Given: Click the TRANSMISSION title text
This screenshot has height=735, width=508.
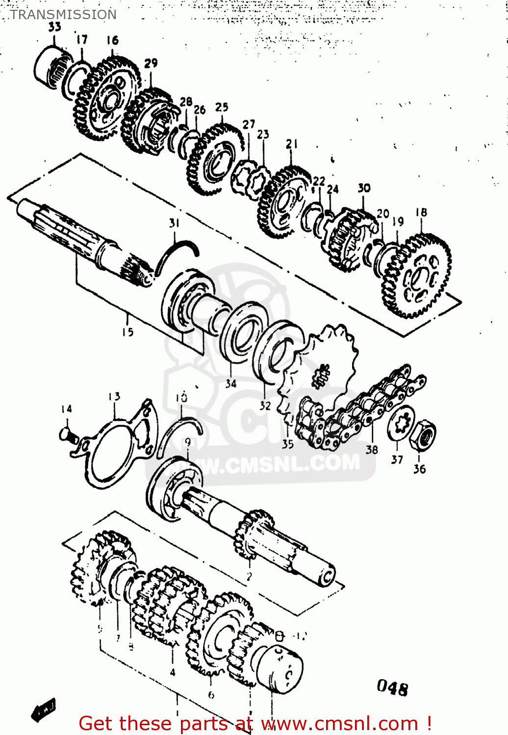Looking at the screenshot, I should click(x=63, y=15).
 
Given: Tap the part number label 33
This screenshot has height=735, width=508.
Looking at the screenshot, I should click(x=54, y=27).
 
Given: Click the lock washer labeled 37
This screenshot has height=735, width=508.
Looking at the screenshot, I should click(x=401, y=422).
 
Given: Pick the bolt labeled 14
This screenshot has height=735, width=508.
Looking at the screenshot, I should click(x=67, y=434).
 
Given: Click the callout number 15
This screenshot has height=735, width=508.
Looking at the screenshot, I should click(x=127, y=332).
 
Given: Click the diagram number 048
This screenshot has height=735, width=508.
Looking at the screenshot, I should click(x=392, y=688).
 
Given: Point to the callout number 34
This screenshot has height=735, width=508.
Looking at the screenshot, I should click(x=231, y=384).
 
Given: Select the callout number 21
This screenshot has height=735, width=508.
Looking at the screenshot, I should click(x=292, y=144).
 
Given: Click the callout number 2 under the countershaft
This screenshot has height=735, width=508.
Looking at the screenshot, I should click(x=249, y=576).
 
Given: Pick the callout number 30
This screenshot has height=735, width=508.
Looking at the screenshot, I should click(x=364, y=188).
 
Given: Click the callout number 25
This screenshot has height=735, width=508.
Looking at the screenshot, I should click(x=222, y=107).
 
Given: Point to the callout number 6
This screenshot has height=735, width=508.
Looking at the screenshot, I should click(x=211, y=694).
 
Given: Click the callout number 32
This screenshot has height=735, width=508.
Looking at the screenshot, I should click(x=265, y=406).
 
